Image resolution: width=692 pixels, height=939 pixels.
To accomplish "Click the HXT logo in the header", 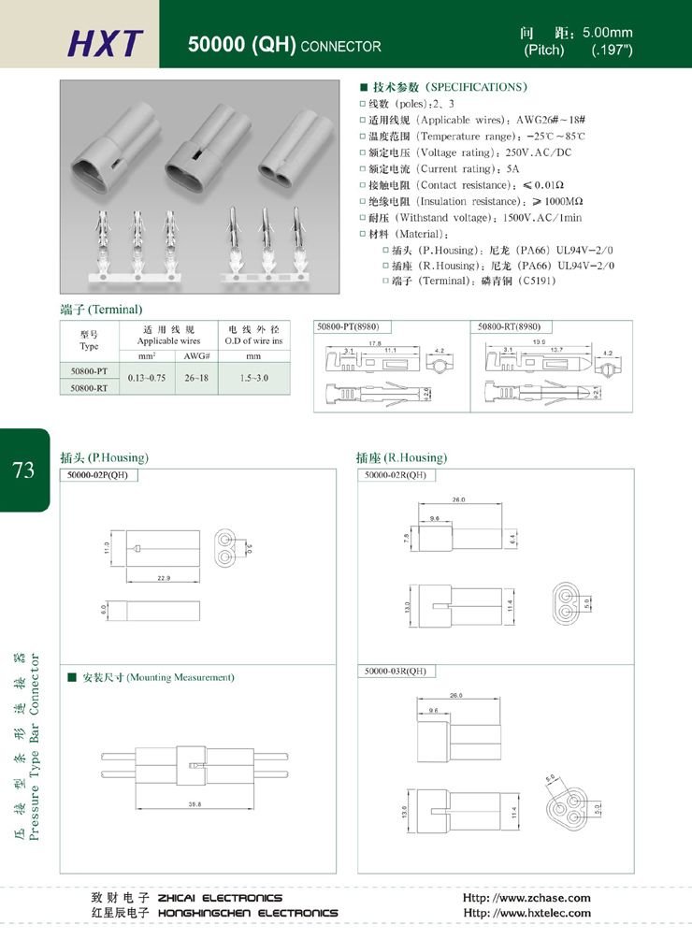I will coord(106,43).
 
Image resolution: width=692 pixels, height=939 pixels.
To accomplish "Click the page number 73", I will coord(24,469).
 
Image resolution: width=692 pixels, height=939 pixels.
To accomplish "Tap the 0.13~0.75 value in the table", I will coord(147,379).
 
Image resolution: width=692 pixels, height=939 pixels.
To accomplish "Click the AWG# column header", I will coord(196,356).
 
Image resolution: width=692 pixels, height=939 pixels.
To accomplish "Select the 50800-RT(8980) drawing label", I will coord(510,327).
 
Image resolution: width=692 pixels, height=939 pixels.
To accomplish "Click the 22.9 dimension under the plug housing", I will coord(163,579).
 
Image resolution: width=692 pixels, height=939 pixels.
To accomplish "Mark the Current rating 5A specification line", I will coord(440,168).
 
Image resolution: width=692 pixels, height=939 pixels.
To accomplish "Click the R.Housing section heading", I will coord(401,458).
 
